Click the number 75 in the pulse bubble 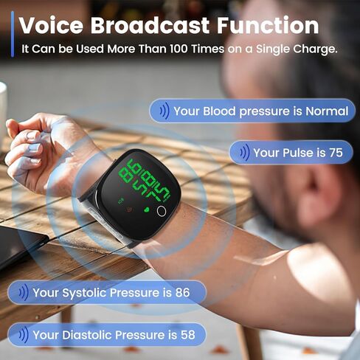point(336,153)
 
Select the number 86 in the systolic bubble point(181,293)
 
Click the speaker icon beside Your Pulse point(241,153)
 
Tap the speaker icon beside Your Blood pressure point(162,111)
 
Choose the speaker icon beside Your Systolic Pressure point(21,293)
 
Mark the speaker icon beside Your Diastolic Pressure point(21,335)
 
